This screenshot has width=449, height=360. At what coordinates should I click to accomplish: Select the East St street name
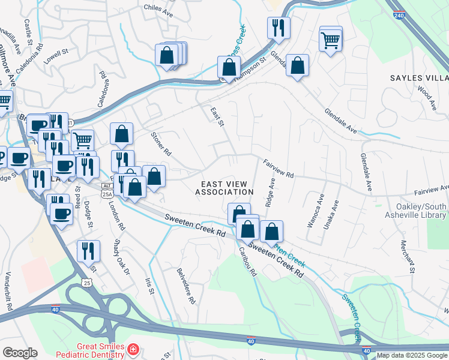click(x=217, y=116)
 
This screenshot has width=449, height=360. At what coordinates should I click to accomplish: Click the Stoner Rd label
click(x=161, y=145)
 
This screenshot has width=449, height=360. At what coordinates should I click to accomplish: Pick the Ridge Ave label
click(x=271, y=190)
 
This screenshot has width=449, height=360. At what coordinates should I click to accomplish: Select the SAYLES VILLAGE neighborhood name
click(x=419, y=79)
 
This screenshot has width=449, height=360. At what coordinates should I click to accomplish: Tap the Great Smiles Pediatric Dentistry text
click(x=100, y=351)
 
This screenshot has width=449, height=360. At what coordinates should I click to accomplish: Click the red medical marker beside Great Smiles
click(x=132, y=349)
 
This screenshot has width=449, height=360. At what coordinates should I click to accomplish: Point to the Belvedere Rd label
click(x=187, y=284)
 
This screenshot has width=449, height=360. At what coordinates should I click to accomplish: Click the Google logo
click(x=20, y=353)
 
